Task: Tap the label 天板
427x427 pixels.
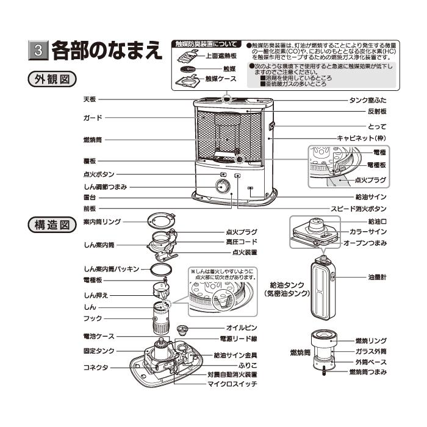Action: pos(90,99)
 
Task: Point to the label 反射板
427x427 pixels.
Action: pos(376,112)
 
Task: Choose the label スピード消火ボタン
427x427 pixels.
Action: pos(357,209)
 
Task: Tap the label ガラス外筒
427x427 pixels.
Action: pos(371,351)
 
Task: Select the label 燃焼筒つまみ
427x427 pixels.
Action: pos(367,371)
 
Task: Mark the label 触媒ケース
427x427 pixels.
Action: pos(220,79)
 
